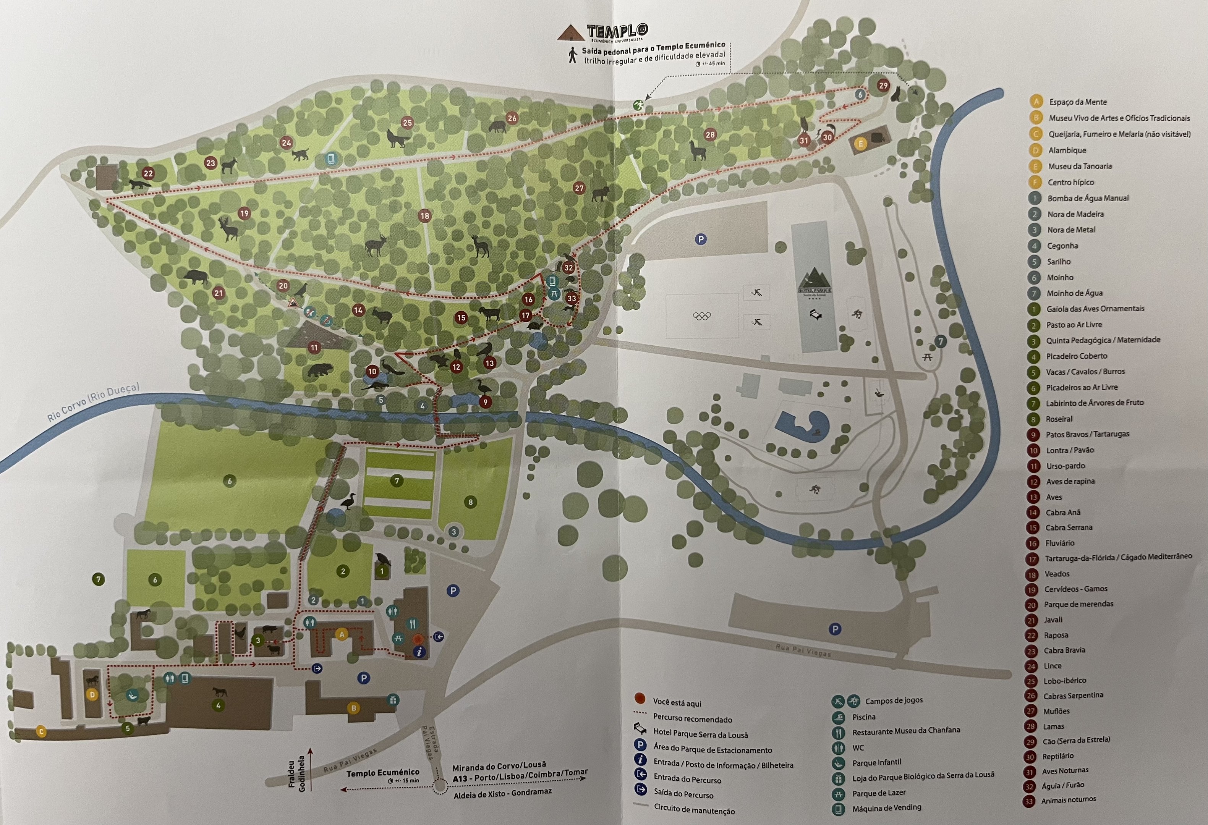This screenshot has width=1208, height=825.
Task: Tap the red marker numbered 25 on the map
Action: point(407,123)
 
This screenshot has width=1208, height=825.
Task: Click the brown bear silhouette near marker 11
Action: point(319,370)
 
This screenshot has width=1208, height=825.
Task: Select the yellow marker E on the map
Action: point(860,143)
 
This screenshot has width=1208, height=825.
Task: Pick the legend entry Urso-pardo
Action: point(1065,466)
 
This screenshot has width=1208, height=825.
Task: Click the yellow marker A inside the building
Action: point(342,634)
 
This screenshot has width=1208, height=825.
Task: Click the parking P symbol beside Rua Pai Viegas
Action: point(835,629)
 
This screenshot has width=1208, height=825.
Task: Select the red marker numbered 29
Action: point(883,86)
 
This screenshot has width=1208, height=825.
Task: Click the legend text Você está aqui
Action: point(677,703)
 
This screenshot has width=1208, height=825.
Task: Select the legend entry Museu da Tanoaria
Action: point(1080,166)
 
